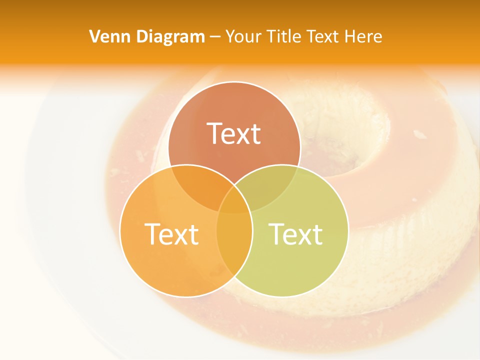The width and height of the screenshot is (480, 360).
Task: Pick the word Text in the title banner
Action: [323, 36]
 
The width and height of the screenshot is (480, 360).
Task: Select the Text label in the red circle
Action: [234, 133]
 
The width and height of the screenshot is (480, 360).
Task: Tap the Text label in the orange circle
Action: [171, 233]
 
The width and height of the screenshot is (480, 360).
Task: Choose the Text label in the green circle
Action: [296, 233]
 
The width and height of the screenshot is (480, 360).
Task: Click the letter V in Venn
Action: [95, 36]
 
